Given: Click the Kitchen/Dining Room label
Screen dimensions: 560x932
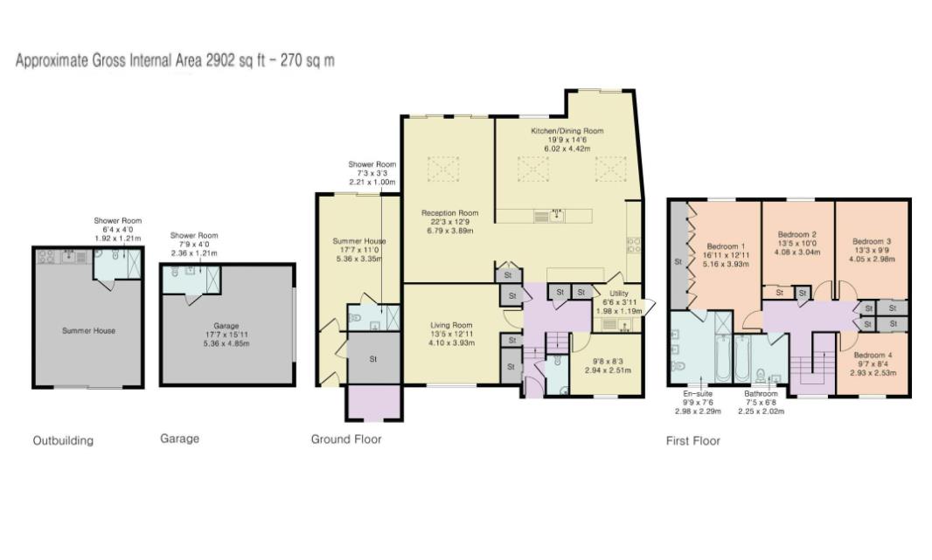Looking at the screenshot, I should coord(567,131).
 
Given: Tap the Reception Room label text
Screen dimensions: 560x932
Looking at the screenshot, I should coord(449,212).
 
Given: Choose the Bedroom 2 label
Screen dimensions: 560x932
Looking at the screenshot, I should coord(796,235).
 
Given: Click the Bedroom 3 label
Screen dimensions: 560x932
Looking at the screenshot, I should coord(872,241).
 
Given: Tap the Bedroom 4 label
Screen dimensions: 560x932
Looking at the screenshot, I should coord(872,355).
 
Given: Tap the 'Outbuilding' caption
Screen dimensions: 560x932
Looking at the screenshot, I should coord(63,440).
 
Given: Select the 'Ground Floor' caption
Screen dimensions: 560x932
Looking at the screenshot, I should coord(346,439).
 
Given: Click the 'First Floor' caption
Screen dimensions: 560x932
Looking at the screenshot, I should coord(692,440).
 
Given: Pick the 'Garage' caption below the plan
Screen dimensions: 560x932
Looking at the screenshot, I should coord(179,439).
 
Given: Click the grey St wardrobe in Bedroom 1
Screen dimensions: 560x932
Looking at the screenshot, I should coord(678,260).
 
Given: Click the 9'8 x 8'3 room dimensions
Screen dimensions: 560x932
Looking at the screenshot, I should coord(608,358).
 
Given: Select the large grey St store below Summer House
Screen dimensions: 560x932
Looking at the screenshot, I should coord(373,358).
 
